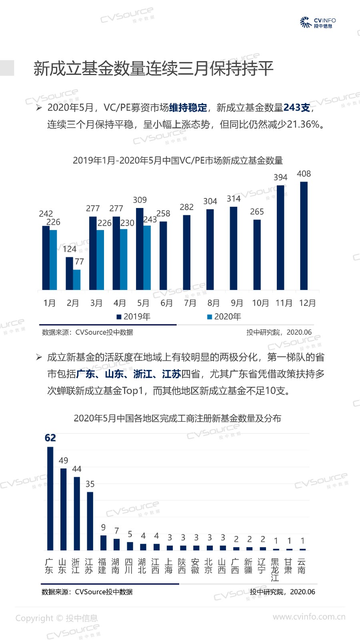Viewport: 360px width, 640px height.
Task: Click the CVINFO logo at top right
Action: (x=318, y=23)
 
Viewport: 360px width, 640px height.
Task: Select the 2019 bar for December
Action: (x=304, y=236)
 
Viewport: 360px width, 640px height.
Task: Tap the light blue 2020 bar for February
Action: (x=77, y=280)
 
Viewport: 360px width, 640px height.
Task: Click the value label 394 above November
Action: (x=280, y=177)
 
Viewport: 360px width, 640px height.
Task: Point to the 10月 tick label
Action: (x=260, y=303)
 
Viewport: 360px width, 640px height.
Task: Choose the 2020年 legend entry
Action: (x=224, y=317)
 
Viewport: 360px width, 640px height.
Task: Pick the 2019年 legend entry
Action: (x=134, y=317)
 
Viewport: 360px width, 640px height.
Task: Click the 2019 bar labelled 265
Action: (x=257, y=254)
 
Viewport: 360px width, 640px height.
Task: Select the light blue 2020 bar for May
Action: (x=147, y=258)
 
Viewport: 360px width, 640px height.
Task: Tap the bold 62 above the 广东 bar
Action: (x=50, y=438)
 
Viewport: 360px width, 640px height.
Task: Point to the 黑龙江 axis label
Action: (x=275, y=570)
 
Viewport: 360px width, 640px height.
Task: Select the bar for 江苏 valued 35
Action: (x=90, y=521)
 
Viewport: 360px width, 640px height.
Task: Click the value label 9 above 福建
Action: (x=103, y=528)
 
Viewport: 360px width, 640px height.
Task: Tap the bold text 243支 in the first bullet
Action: (x=297, y=108)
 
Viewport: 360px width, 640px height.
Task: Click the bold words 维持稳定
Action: (x=188, y=108)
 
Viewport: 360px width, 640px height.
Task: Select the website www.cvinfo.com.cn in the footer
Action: (x=309, y=617)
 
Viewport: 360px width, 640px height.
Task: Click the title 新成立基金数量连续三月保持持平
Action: (x=154, y=68)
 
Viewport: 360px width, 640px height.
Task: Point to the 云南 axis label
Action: (x=302, y=566)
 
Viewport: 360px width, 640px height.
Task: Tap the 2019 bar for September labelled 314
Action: (x=234, y=248)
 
